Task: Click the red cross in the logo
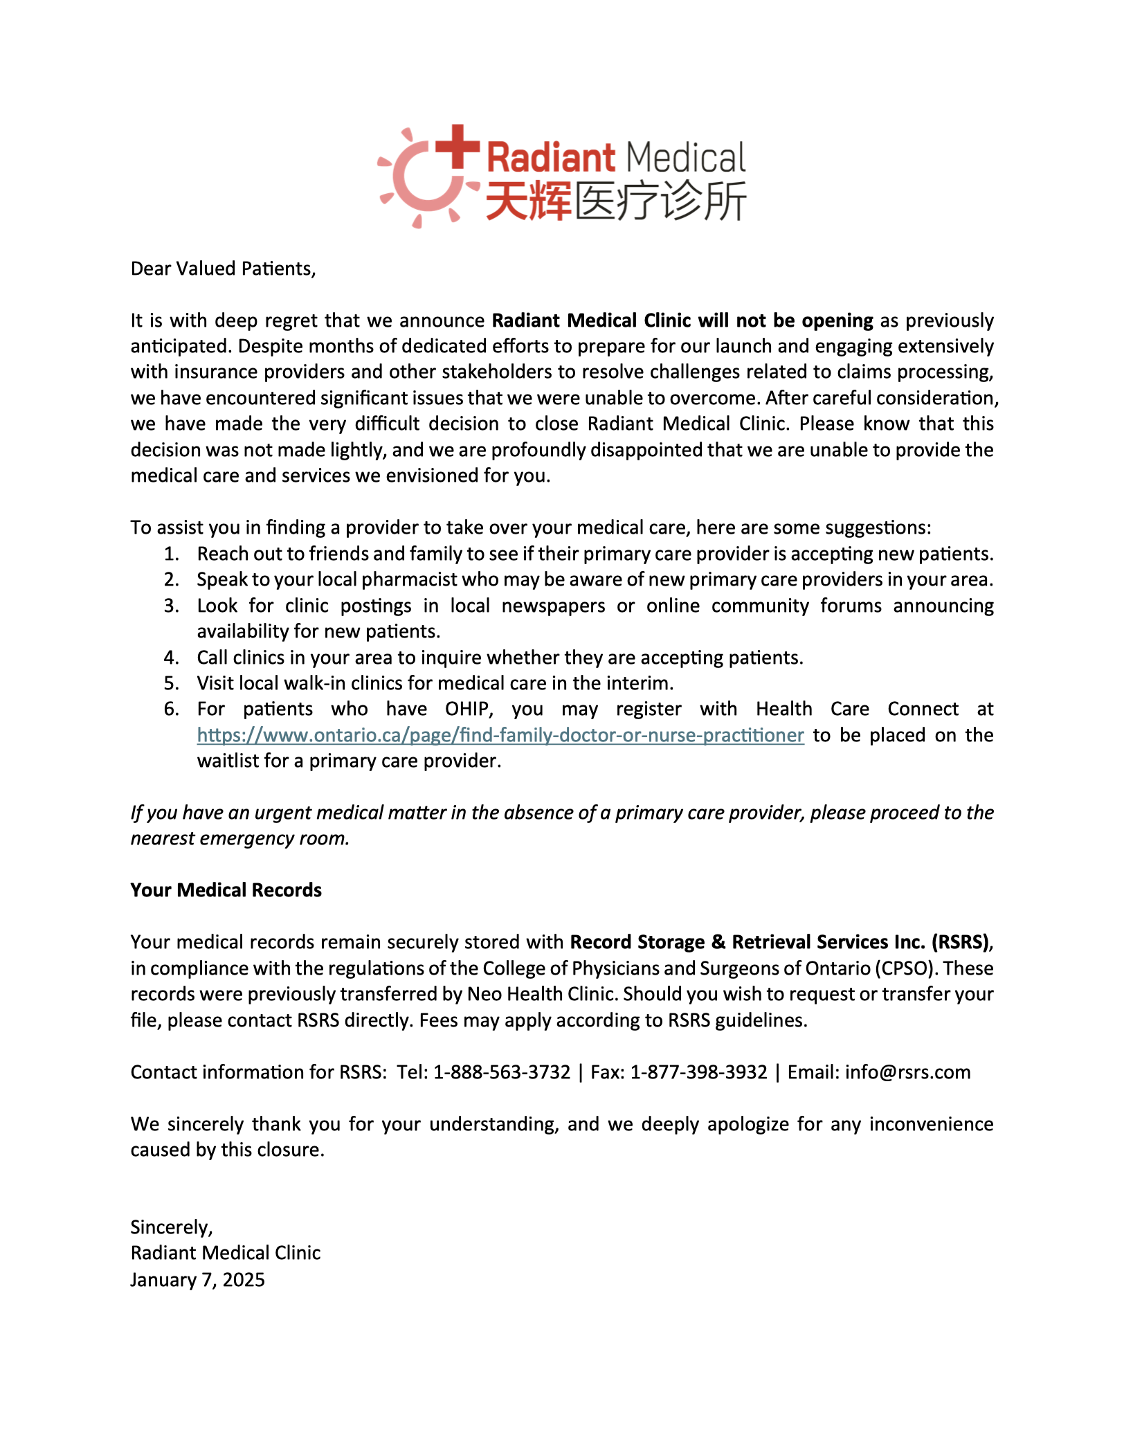pyautogui.click(x=457, y=146)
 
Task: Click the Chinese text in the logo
pyautogui.click(x=615, y=201)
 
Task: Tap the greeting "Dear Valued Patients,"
pyautogui.click(x=223, y=269)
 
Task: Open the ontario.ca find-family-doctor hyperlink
pyautogui.click(x=500, y=735)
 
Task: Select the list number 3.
pyautogui.click(x=171, y=606)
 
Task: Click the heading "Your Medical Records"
pyautogui.click(x=226, y=890)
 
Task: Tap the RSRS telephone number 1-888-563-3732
pyautogui.click(x=502, y=1072)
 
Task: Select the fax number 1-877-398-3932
pyautogui.click(x=698, y=1072)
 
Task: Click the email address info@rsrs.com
pyautogui.click(x=907, y=1072)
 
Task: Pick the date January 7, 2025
pyautogui.click(x=197, y=1280)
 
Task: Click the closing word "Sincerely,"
pyautogui.click(x=172, y=1227)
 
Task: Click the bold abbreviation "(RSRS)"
pyautogui.click(x=961, y=942)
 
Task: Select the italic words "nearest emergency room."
pyautogui.click(x=239, y=838)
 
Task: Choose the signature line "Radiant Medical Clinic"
pyautogui.click(x=225, y=1253)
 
